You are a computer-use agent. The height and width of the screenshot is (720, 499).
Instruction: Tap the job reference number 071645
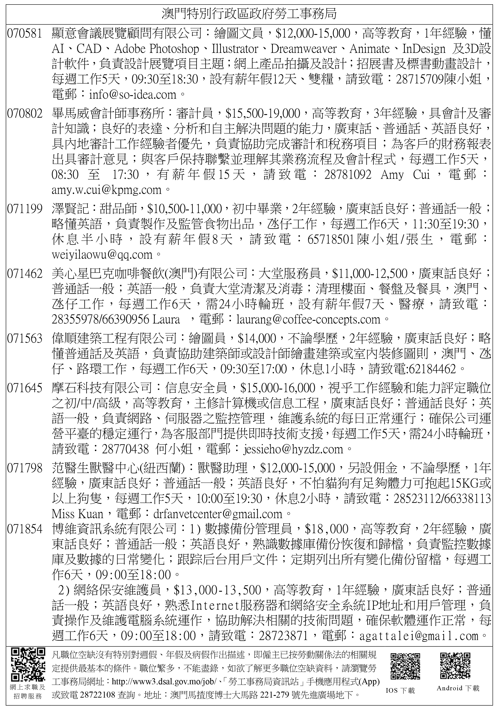[24, 388]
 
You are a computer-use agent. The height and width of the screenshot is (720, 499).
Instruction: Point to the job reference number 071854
[24, 529]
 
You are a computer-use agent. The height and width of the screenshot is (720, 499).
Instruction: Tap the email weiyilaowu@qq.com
[102, 254]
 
